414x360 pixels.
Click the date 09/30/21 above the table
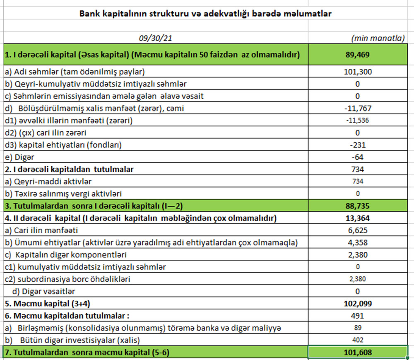(x=155, y=38)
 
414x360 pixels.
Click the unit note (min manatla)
(x=378, y=38)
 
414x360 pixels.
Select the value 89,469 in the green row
(x=358, y=55)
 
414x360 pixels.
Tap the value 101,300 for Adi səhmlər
(x=358, y=72)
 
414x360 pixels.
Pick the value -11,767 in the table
(x=358, y=109)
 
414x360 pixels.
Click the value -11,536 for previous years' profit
(x=358, y=121)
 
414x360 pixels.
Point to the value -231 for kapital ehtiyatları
(x=358, y=145)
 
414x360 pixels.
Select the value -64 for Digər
(x=358, y=157)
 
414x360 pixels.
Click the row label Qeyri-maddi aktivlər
(x=48, y=181)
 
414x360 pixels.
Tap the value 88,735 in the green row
(x=358, y=206)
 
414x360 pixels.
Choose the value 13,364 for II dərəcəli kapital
(x=358, y=218)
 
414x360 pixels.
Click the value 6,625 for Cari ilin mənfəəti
(x=358, y=230)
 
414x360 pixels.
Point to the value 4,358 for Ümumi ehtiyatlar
(x=358, y=242)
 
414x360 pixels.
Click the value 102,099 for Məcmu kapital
(x=358, y=303)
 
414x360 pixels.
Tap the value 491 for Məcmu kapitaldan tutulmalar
(x=358, y=316)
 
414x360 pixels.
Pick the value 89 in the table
(x=358, y=328)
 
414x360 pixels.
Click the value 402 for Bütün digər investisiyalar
(x=358, y=340)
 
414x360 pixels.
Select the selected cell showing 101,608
(x=358, y=353)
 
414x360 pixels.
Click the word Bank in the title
(x=88, y=14)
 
